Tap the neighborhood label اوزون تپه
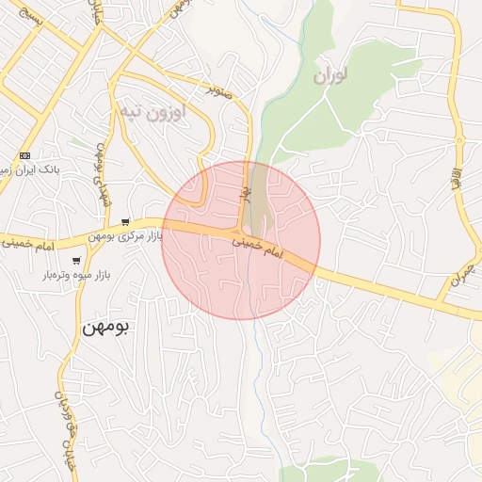click(152, 112)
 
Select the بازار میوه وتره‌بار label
click(76, 275)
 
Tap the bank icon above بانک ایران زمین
click(24, 155)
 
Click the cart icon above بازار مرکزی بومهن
click(124, 221)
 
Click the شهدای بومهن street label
click(103, 174)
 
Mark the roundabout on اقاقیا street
click(462, 142)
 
